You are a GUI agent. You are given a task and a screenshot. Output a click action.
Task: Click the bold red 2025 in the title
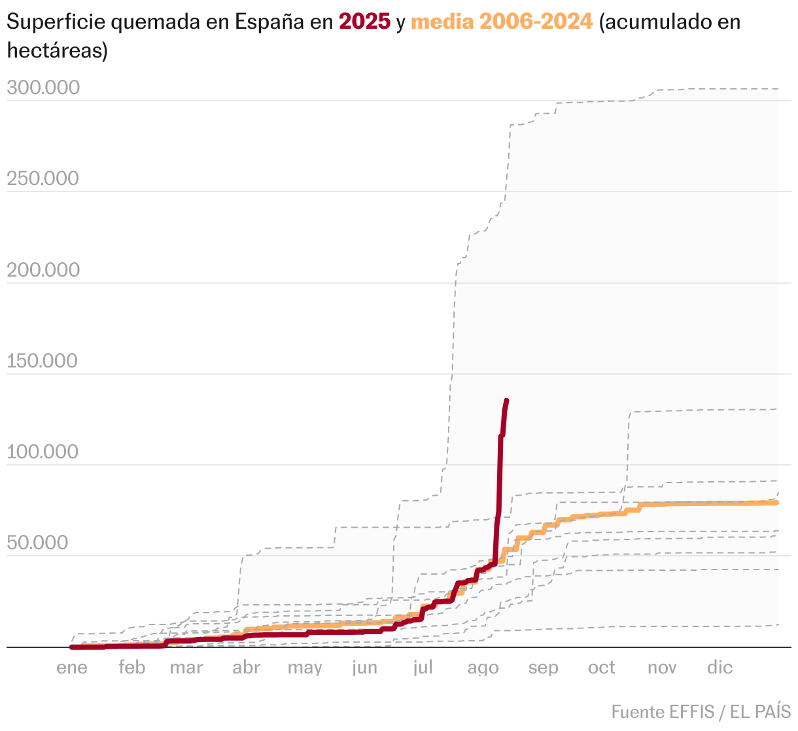pos(364,22)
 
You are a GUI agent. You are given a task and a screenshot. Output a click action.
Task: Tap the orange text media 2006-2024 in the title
pos(502,22)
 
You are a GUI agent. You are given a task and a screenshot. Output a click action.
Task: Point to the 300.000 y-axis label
pos(43,88)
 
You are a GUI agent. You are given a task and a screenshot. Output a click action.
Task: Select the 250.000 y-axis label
pos(43,178)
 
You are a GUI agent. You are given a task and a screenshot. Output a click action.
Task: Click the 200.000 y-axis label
pos(43,269)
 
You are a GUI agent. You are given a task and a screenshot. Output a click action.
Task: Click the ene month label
pos(72,668)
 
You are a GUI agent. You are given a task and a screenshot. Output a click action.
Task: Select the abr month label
pos(247,668)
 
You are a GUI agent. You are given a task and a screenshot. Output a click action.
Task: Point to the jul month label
pos(423,668)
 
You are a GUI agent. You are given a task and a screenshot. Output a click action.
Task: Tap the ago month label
pos(483,668)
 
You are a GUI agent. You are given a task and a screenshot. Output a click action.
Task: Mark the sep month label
pos(544,668)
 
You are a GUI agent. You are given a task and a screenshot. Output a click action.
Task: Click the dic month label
pos(720,668)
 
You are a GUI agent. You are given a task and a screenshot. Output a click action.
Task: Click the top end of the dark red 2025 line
pos(507,400)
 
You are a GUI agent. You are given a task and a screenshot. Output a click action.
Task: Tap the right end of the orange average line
pos(776,502)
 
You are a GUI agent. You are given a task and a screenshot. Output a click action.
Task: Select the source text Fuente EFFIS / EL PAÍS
pos(701,711)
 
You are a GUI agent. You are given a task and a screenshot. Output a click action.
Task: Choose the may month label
pos(305,668)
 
